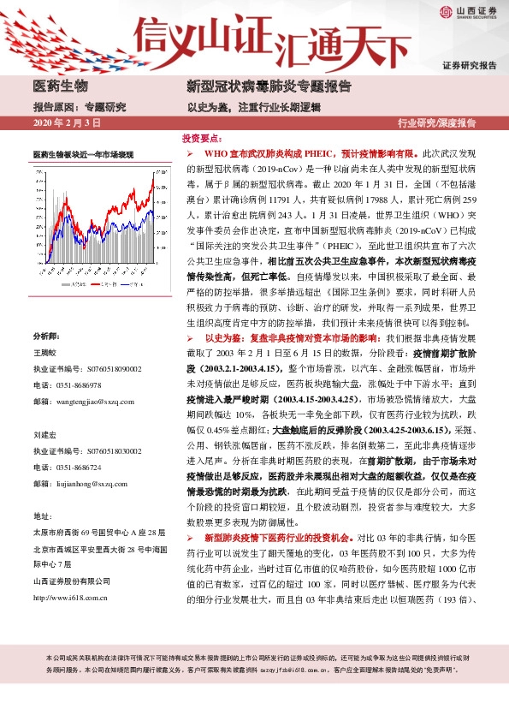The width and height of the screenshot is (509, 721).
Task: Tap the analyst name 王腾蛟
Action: click(x=46, y=328)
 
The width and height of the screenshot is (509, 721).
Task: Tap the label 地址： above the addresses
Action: click(x=43, y=516)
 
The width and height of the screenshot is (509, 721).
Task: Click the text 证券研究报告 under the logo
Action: click(x=469, y=66)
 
